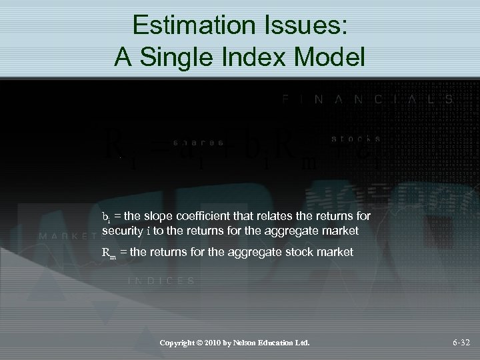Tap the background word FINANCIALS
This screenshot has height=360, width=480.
(x=369, y=99)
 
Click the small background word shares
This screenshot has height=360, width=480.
(x=198, y=142)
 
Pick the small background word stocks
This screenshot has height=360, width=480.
(x=356, y=139)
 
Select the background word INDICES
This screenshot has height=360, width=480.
(x=161, y=281)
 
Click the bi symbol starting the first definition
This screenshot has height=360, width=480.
(x=107, y=217)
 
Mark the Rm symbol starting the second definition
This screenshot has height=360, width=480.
(x=108, y=253)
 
